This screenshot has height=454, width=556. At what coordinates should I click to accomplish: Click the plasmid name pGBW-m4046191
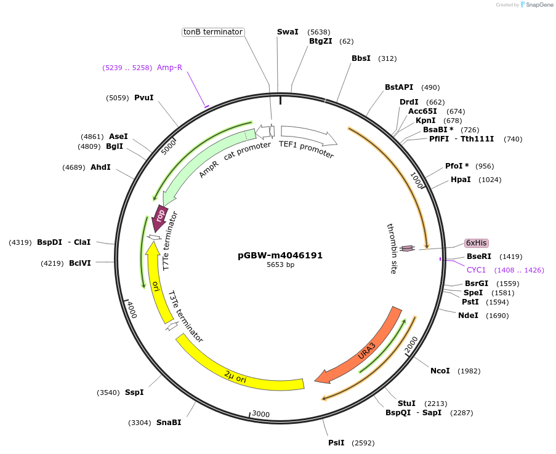[x=280, y=255]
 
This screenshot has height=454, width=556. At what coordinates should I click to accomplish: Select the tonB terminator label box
[x=213, y=32]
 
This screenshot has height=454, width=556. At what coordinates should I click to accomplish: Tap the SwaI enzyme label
[x=288, y=31]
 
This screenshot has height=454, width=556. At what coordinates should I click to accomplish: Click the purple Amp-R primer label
[x=169, y=68]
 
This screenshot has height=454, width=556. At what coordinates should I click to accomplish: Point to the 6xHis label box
[x=476, y=243]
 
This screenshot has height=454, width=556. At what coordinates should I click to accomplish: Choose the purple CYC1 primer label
[x=476, y=270]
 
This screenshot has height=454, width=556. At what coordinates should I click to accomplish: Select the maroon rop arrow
[x=160, y=217]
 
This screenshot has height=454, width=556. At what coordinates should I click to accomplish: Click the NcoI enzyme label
[x=440, y=371]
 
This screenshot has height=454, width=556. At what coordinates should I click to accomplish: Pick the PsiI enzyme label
[x=336, y=443]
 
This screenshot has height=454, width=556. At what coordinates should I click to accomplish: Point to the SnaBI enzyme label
[x=169, y=423]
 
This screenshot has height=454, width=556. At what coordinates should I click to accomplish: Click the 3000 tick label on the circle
[x=261, y=414]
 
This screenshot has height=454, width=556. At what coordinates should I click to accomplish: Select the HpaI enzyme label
[x=461, y=180]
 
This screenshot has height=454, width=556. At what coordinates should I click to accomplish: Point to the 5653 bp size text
[x=280, y=265]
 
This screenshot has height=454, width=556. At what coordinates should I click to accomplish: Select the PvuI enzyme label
[x=143, y=97]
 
